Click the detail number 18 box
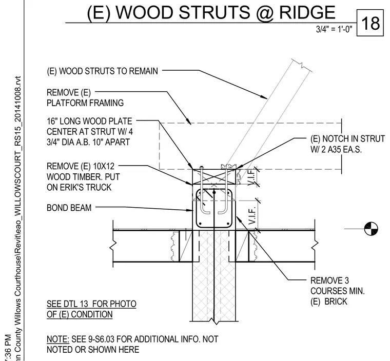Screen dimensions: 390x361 coord(370,23)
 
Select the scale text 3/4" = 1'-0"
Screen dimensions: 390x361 coord(334,29)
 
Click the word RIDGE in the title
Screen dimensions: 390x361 coord(307,12)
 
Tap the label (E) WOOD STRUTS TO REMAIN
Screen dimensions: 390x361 coord(102,71)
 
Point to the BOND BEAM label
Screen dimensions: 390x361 coord(69,208)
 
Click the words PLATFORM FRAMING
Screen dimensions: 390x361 coord(85,103)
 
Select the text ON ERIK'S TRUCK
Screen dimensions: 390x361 coord(79,187)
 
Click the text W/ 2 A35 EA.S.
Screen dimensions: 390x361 coord(336,149)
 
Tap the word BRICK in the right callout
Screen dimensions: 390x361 coord(336,302)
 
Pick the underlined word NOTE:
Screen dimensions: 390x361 coord(58,339)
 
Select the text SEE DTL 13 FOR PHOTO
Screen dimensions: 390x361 coord(91,304)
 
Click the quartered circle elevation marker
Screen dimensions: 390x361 coord(371,229)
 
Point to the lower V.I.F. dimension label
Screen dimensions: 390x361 coord(251,215)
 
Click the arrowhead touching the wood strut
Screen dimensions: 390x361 coord(264,97)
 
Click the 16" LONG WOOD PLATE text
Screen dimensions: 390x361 coord(89,121)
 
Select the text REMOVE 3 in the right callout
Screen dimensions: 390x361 coord(329,280)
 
